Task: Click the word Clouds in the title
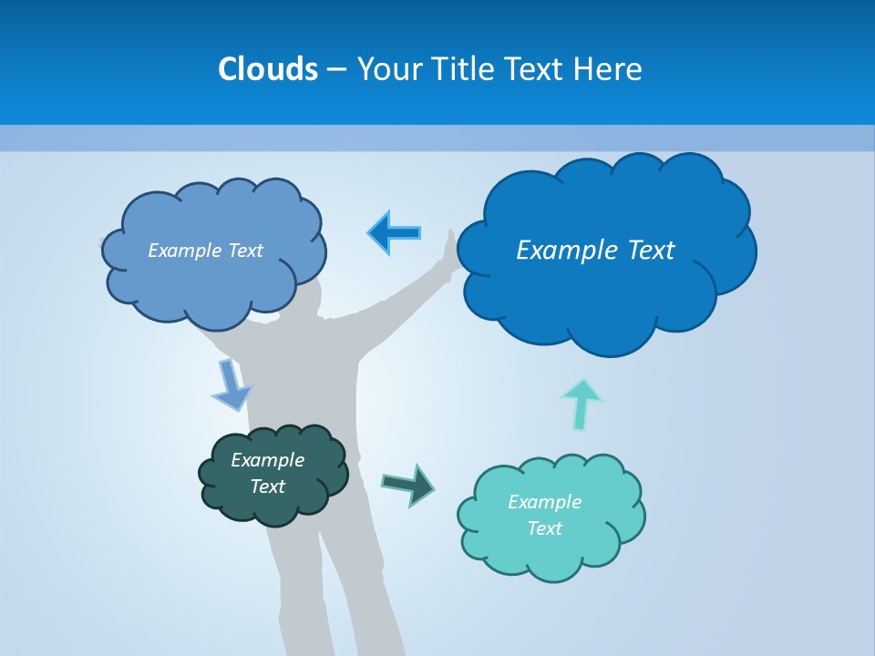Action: click(267, 68)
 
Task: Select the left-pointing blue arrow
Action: click(394, 232)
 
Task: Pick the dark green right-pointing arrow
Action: click(407, 484)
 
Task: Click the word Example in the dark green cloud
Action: click(267, 460)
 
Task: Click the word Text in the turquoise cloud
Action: click(544, 528)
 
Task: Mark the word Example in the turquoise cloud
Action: click(544, 502)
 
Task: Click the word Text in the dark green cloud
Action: click(268, 487)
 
